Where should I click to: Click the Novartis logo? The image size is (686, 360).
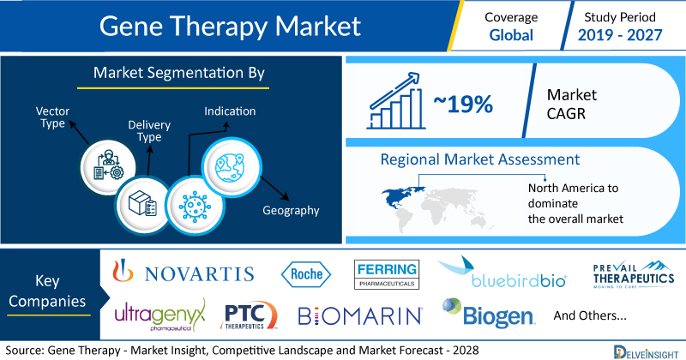184,272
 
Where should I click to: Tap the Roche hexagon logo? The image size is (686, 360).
306,274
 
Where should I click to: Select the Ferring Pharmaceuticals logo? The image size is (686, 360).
387,274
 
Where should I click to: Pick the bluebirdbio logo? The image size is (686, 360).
502,273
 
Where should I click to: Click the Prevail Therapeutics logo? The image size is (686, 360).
634,275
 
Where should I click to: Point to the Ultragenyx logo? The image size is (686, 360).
159,315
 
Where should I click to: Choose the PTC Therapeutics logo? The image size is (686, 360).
249,315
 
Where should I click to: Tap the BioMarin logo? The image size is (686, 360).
360,315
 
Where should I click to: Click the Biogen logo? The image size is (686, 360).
488,313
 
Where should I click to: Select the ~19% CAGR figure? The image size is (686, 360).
463,104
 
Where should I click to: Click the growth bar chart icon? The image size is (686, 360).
396,101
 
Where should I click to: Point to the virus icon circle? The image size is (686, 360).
196,205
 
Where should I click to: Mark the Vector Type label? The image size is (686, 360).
52,117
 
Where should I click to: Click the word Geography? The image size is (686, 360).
291,210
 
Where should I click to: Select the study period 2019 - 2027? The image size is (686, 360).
620,35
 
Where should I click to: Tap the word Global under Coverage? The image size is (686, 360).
511,35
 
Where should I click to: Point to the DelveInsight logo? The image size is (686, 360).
647,352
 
